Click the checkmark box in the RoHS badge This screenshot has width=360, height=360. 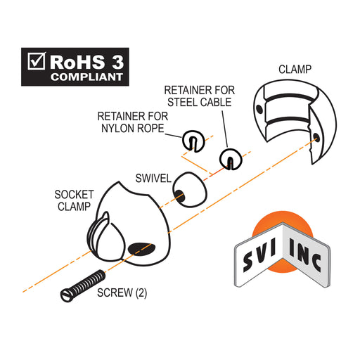tap(37, 61)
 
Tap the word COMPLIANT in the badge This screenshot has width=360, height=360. tap(86, 77)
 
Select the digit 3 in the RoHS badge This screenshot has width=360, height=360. tap(117, 62)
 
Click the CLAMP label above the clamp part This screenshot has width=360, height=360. tap(295, 70)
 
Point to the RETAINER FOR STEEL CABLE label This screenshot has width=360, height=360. tap(200, 96)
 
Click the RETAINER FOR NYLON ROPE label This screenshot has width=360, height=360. tap(133, 122)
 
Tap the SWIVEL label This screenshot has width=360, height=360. tap(153, 179)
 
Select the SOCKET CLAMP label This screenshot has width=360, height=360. tap(74, 200)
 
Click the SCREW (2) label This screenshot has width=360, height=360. tap(122, 292)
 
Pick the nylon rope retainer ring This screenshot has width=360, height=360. tap(193, 141)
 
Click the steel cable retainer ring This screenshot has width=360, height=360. tap(231, 159)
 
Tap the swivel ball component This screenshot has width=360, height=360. tap(190, 190)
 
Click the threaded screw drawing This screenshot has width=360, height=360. tap(83, 286)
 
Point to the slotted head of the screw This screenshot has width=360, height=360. tap(67, 296)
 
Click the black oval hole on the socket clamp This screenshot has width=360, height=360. tap(141, 249)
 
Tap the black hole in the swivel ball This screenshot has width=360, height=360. tap(179, 196)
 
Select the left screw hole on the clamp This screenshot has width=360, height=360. tap(259, 109)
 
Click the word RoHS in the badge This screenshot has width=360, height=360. tap(77, 62)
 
